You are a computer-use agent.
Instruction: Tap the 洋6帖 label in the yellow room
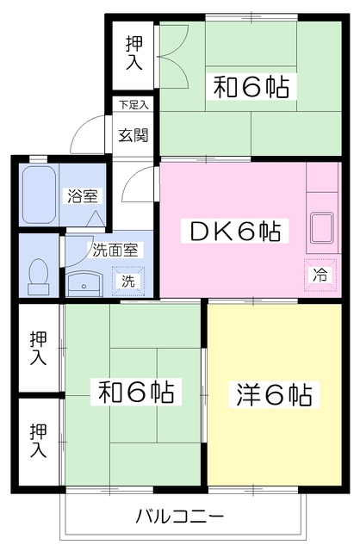pos(273,395)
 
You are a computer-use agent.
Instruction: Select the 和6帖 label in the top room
pos(251,87)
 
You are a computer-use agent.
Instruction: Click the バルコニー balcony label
pos(180,517)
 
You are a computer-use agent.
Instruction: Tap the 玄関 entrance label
pos(133,135)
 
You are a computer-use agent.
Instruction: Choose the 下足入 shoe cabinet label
pos(133,105)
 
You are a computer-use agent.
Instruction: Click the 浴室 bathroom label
pos(80,195)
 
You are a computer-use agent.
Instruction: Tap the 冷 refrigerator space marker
pos(320,275)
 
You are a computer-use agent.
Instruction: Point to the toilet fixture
pos(37,274)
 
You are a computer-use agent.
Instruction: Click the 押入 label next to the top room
pos(133,53)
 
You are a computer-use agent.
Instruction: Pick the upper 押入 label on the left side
pos(38,348)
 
